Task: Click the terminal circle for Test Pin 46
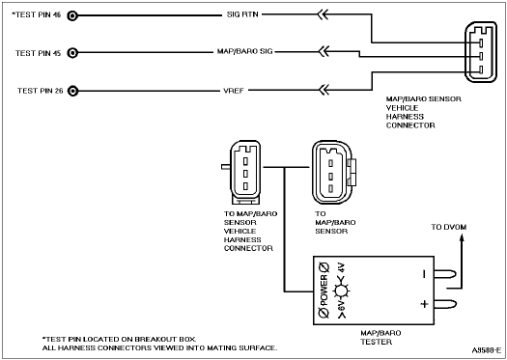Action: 72,15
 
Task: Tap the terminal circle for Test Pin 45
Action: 72,53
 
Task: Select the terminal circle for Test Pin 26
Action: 72,91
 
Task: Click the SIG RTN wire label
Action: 242,14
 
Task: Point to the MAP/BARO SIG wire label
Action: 244,52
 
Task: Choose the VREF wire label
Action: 234,91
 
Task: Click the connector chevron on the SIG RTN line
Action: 323,14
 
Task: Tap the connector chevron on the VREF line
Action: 324,90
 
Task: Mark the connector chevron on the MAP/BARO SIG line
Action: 324,51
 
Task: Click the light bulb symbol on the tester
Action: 341,291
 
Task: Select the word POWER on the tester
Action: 324,291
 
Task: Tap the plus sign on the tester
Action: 424,304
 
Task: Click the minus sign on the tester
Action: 424,275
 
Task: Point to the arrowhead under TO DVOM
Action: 462,237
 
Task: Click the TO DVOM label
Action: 449,227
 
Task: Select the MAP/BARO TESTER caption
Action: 380,338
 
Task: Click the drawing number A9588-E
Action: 487,350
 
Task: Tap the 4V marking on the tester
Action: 342,268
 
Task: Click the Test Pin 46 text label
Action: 37,14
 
